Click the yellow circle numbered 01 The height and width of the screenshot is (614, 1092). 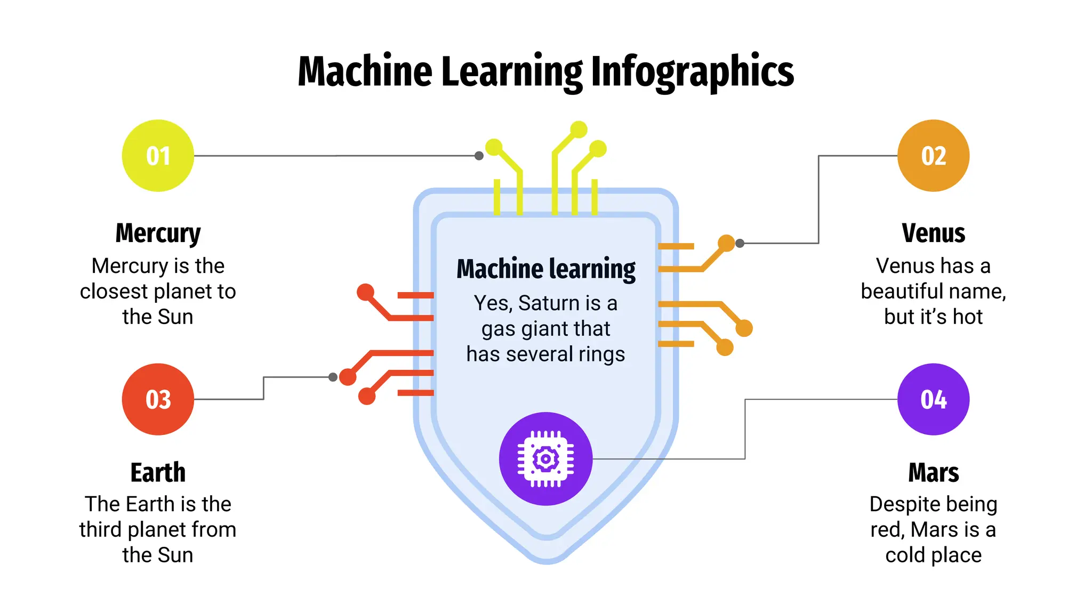[158, 156]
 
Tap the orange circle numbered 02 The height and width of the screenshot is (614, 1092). [933, 156]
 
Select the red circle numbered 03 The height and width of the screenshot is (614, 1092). [158, 399]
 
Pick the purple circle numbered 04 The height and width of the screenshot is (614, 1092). [933, 399]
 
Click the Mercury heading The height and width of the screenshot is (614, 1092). [158, 233]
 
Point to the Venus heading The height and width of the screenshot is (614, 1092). [933, 233]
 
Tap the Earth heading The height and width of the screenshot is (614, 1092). [158, 473]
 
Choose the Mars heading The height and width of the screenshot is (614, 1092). [933, 473]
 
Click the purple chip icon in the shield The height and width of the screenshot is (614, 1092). [545, 458]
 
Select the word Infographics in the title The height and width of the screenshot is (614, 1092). [693, 72]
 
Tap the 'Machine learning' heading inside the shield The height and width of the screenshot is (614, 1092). [546, 269]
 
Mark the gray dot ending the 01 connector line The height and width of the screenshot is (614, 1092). [479, 156]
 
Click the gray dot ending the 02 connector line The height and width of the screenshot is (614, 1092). [740, 243]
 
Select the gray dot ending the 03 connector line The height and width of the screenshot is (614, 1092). [333, 377]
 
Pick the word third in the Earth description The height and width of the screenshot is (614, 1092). [101, 530]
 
